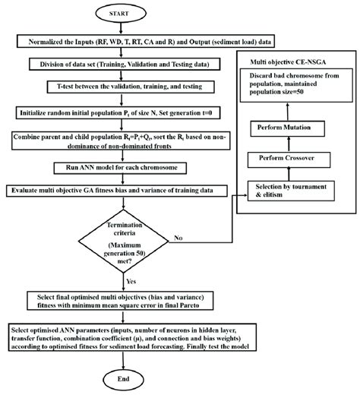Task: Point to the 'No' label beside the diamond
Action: pos(179,239)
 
